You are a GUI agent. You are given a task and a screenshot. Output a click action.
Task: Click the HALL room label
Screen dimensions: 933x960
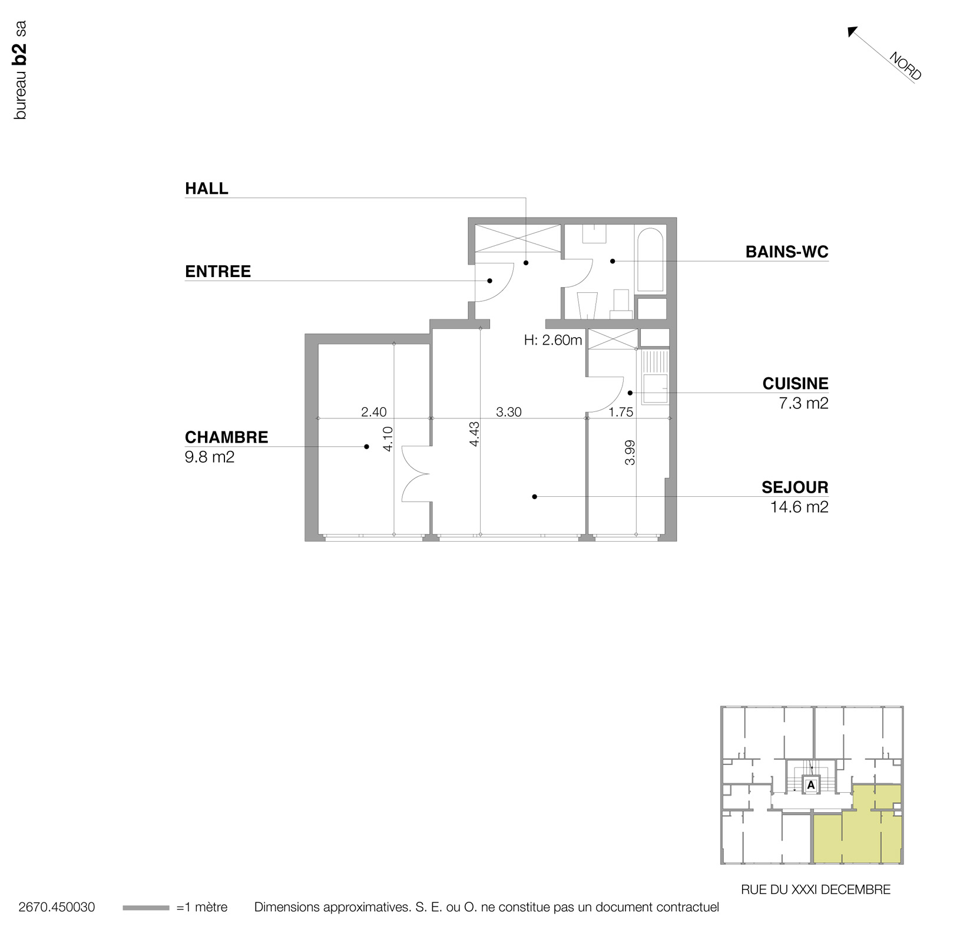pos(206,189)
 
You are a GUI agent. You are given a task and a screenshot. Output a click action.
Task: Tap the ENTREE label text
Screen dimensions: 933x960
pos(217,272)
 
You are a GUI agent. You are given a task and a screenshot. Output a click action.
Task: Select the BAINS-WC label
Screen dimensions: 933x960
pos(786,252)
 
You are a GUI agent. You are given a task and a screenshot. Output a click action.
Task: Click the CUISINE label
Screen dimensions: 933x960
pos(795,384)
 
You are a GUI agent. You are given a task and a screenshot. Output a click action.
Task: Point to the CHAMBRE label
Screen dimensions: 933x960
pos(226,437)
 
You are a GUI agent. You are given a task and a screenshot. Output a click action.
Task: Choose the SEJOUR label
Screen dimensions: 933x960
pos(795,487)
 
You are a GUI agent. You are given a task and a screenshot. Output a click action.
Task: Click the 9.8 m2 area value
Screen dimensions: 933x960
pos(210,457)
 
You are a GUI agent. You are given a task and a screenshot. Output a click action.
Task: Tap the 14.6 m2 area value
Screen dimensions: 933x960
pos(799,507)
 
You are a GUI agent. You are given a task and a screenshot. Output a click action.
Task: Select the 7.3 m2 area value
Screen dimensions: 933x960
pos(803,403)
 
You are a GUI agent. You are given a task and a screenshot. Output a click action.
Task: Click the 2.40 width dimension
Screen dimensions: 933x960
pos(373,412)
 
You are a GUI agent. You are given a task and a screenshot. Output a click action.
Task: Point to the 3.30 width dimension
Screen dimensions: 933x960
pos(508,412)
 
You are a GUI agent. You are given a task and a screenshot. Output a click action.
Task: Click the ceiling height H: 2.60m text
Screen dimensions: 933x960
pos(552,340)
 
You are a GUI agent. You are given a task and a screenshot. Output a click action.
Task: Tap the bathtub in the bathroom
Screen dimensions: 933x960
pos(650,260)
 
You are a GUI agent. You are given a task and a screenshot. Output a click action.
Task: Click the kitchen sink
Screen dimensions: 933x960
pos(655,388)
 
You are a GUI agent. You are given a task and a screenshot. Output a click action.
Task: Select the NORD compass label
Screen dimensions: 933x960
pos(905,67)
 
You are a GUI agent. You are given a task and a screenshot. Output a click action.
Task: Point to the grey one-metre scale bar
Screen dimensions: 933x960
pos(145,908)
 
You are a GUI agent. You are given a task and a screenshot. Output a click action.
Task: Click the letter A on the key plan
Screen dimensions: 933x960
pos(810,785)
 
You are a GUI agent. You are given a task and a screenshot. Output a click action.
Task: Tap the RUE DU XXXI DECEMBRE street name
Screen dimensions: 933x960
pos(815,890)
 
